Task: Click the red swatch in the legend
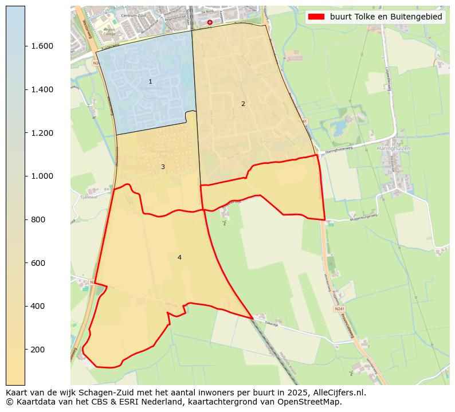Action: (x=316, y=17)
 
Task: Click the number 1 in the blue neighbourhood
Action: (x=150, y=82)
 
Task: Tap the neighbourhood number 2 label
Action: (x=243, y=104)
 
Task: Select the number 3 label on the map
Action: (x=163, y=167)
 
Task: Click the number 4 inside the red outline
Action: (x=179, y=257)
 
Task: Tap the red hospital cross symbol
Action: (x=210, y=22)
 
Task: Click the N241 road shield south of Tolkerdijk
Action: (x=340, y=308)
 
